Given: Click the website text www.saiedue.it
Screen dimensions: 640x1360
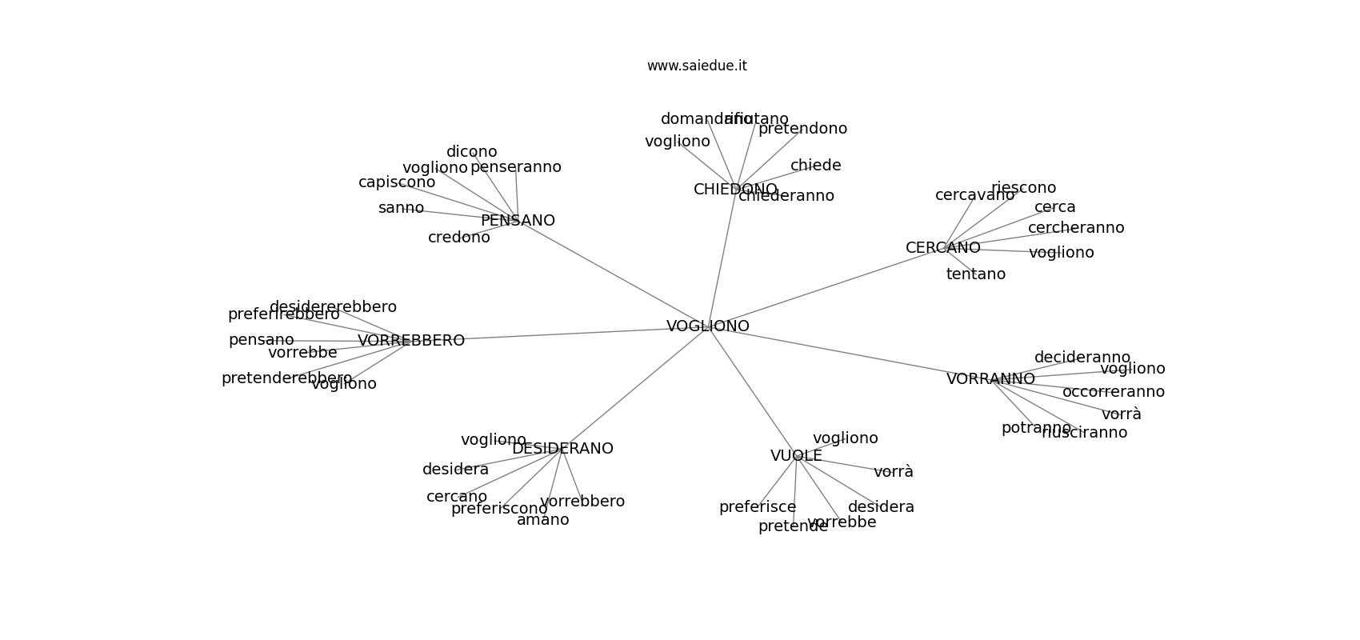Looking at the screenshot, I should [697, 66].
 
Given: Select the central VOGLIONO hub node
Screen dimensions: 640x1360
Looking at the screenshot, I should [708, 326].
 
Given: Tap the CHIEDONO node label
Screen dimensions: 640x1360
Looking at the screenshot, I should [734, 190].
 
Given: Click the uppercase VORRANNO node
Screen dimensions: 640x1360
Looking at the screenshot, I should [990, 379].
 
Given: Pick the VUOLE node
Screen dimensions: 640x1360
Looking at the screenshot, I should [796, 456].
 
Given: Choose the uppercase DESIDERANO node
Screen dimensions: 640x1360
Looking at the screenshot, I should [562, 449].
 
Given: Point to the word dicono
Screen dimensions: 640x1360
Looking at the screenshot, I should [471, 152].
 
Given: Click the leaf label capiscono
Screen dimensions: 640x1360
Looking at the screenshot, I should [397, 182].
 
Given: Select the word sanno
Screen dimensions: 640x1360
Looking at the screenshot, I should [401, 208].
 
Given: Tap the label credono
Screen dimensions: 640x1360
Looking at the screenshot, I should [458, 238].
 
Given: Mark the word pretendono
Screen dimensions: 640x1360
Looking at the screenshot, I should [802, 129].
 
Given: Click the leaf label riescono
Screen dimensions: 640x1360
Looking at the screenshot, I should [1023, 188].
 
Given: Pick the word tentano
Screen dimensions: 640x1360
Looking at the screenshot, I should [975, 274].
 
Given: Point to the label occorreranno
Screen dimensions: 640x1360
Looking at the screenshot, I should [1113, 392].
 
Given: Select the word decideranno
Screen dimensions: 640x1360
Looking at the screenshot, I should [1082, 358].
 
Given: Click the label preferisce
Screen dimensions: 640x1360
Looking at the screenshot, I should [758, 507].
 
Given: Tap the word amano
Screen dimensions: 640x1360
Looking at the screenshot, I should [542, 520].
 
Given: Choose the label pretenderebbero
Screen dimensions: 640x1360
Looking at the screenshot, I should [286, 378].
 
